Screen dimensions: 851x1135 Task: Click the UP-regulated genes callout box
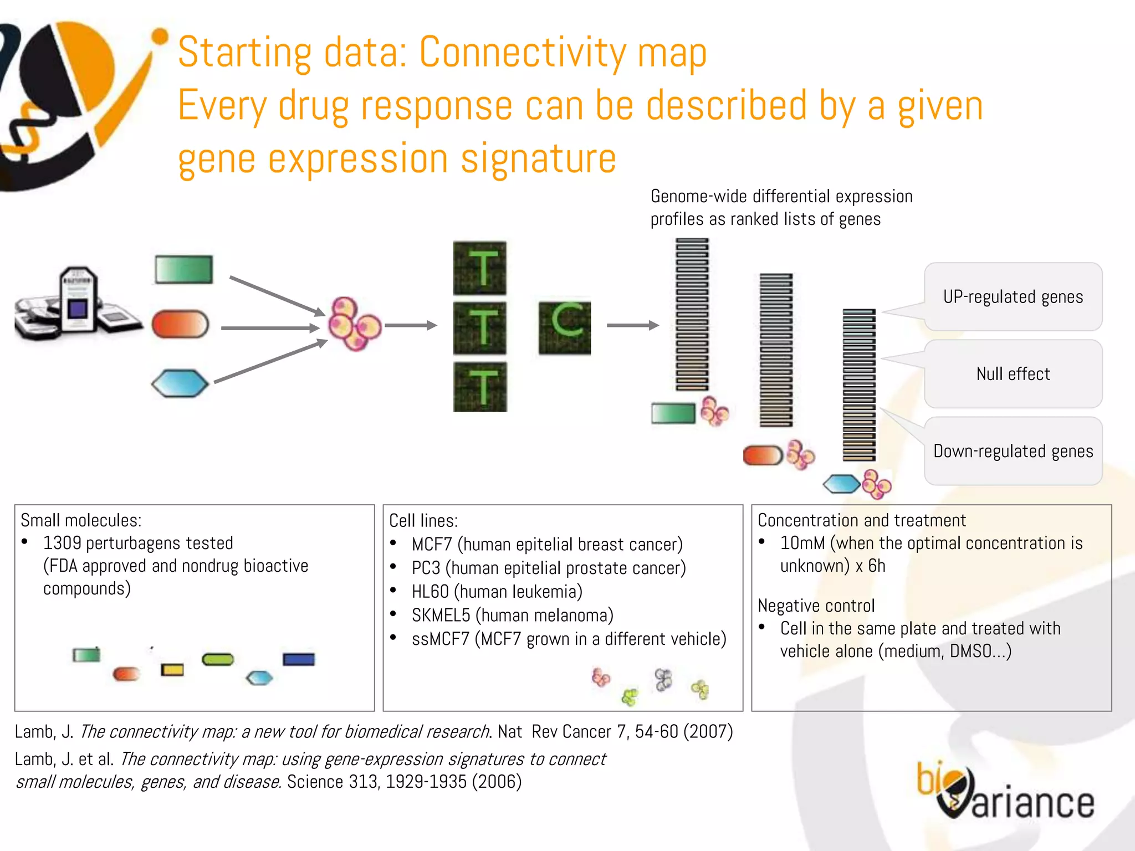pos(1013,297)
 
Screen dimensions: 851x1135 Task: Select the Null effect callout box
pos(1013,374)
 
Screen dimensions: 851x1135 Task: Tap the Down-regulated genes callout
pos(1013,451)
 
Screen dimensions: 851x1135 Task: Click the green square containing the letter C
pos(564,328)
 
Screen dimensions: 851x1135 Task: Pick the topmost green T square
pos(480,268)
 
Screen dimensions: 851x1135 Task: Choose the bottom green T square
pos(480,387)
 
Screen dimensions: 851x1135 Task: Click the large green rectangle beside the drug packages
pos(184,270)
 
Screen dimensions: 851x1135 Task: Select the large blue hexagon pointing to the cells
pos(180,383)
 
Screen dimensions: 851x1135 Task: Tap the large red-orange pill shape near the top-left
pos(180,324)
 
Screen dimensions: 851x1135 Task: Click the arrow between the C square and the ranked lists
pos(632,325)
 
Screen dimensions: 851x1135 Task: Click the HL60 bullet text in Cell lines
pos(497,592)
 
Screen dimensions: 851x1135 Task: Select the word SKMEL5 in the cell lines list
pos(441,616)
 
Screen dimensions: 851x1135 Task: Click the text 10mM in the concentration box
pos(802,543)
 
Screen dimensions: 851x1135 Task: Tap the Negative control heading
pos(816,606)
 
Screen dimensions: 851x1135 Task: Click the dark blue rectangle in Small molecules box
pos(299,659)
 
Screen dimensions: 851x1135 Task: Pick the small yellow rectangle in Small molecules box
pos(172,670)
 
